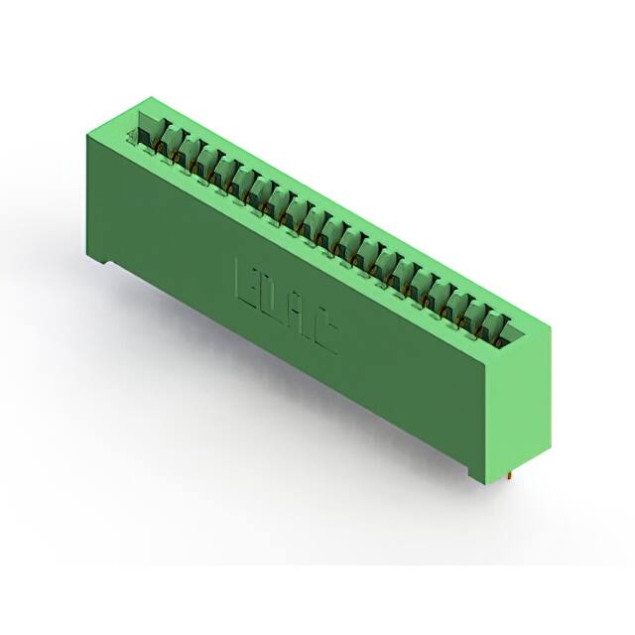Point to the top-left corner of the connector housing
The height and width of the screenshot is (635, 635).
pos(149,99)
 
